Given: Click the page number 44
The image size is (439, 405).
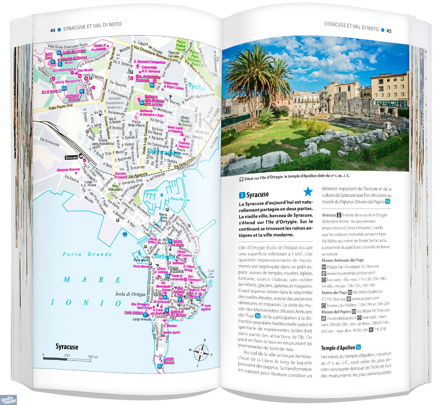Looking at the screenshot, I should pyautogui.click(x=53, y=30).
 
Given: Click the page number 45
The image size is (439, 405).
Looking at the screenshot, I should pyautogui.click(x=389, y=31).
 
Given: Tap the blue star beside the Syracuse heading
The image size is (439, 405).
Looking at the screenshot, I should pyautogui.click(x=308, y=192).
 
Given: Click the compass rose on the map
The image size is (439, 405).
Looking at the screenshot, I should pyautogui.click(x=201, y=353).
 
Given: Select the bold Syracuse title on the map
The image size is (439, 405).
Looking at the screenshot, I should pyautogui.click(x=67, y=347).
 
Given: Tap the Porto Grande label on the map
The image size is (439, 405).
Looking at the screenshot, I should pyautogui.click(x=87, y=254).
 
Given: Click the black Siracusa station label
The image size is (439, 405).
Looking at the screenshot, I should pyautogui.click(x=71, y=157).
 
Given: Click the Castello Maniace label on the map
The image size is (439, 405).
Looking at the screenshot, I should pyautogui.click(x=169, y=360).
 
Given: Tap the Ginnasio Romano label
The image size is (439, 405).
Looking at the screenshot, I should pyautogui.click(x=68, y=170).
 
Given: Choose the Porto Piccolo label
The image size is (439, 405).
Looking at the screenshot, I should pyautogui.click(x=180, y=199).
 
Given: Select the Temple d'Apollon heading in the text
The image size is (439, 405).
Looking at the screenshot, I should pyautogui.click(x=338, y=348).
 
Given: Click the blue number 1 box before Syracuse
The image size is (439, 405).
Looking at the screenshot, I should pyautogui.click(x=242, y=195).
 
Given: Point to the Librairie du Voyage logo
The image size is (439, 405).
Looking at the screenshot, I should pyautogui.click(x=8, y=399).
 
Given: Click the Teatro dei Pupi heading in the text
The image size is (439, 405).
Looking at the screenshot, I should pyautogui.click(x=334, y=292).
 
